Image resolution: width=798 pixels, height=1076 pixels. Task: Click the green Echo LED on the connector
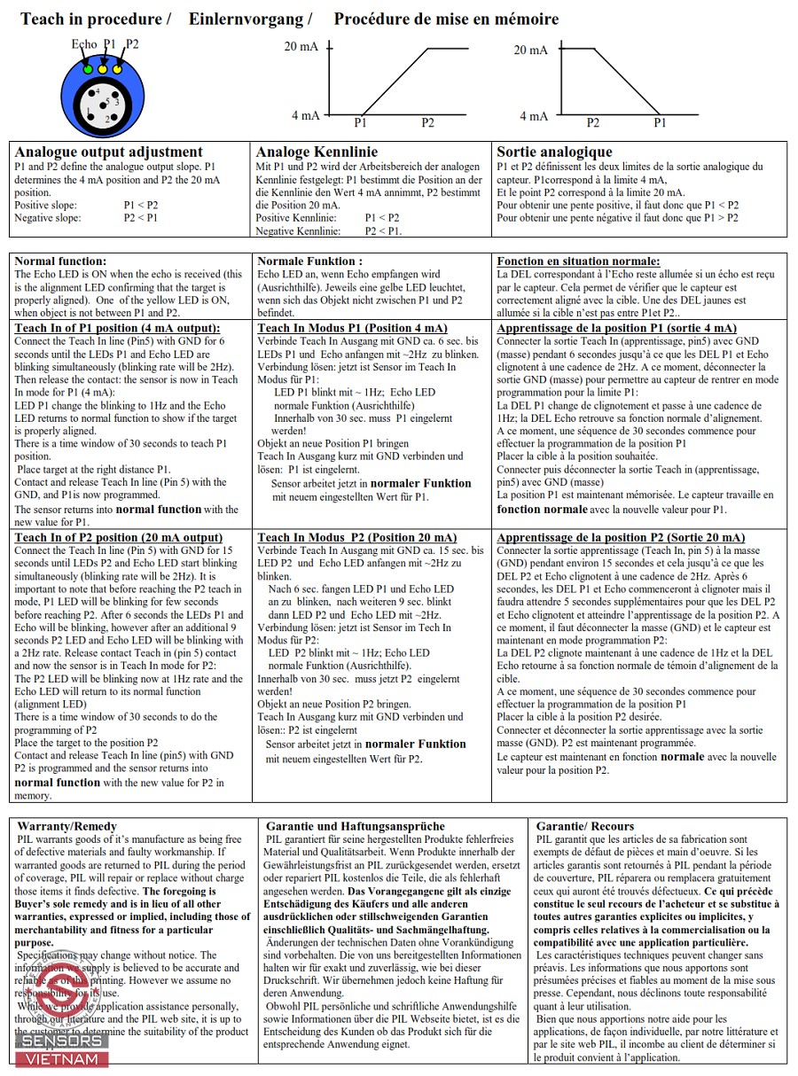point(88,68)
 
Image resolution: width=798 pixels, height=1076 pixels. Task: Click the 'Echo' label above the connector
point(84,44)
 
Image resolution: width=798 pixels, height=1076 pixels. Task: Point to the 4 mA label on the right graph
point(534,116)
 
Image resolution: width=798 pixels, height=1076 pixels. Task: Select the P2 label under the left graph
point(427,123)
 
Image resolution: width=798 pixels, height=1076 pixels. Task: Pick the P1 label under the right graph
point(660,123)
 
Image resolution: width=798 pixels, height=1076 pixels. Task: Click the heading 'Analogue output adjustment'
point(109,152)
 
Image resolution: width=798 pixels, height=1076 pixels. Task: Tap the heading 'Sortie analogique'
point(554,152)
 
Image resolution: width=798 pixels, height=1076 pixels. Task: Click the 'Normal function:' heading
point(60,261)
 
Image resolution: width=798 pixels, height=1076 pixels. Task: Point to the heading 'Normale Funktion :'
point(309,261)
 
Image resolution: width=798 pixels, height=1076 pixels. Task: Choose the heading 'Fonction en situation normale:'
point(578,261)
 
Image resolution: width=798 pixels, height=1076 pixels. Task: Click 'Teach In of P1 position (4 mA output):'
point(117,328)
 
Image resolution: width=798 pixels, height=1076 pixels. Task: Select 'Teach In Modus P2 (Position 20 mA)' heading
point(357,537)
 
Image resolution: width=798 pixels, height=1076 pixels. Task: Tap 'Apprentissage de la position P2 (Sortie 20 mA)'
point(621,537)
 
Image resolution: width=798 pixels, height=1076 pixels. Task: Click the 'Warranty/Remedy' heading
point(66,826)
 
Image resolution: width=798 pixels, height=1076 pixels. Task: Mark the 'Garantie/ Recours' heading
point(585,826)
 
